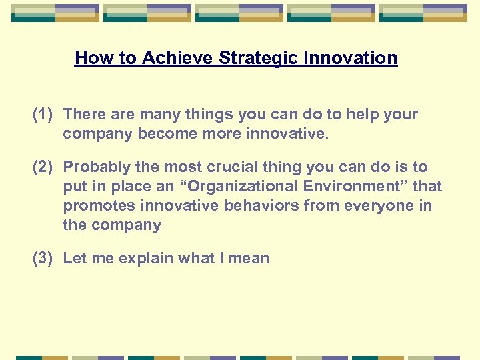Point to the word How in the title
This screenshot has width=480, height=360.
coord(89,58)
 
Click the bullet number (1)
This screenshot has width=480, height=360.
coord(43,115)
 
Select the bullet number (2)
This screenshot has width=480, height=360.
coord(43,167)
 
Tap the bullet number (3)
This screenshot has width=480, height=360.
coord(43,259)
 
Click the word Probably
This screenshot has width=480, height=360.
coord(96,167)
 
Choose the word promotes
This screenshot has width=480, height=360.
coord(95,206)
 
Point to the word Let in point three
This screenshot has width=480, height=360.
coord(74,259)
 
